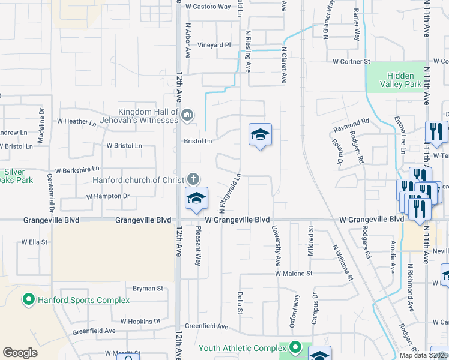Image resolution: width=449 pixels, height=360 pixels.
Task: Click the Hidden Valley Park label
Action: pyautogui.click(x=400, y=80)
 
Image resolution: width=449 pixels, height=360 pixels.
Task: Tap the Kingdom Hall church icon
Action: pyautogui.click(x=187, y=114)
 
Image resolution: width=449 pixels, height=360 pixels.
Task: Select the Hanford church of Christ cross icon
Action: pyautogui.click(x=193, y=178)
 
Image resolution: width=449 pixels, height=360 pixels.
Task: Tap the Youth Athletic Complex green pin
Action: pyautogui.click(x=295, y=347)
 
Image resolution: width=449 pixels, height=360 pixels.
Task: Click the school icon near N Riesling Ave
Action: pyautogui.click(x=260, y=135)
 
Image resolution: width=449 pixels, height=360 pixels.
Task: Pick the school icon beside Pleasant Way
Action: pyautogui.click(x=196, y=199)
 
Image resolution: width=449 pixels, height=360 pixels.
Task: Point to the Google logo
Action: pyautogui.click(x=20, y=353)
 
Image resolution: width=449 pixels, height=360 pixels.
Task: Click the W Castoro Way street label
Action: pyautogui.click(x=208, y=7)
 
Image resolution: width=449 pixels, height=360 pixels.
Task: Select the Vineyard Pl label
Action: pyautogui.click(x=215, y=45)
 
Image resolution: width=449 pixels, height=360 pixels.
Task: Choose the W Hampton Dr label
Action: pyautogui.click(x=108, y=196)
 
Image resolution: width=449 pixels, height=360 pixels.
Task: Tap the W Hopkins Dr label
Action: pyautogui.click(x=140, y=322)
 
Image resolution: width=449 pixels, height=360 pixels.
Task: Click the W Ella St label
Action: pyautogui.click(x=34, y=242)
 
